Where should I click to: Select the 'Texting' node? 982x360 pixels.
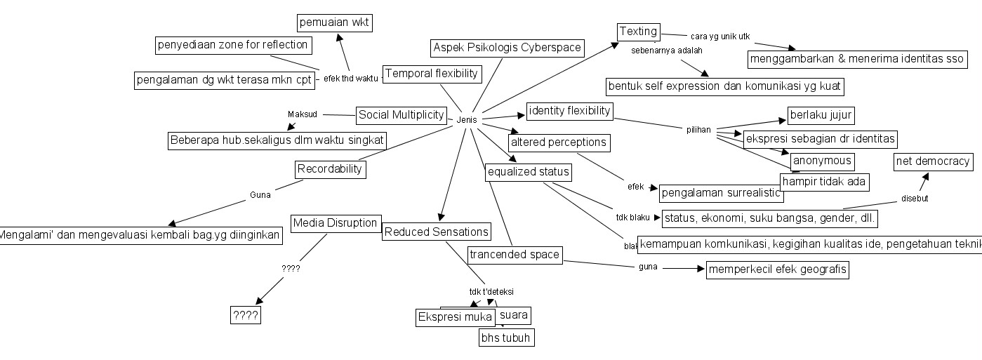click(x=638, y=32)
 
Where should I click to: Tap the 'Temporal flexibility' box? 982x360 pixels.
click(x=432, y=73)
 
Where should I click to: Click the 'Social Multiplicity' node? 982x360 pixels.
click(x=401, y=114)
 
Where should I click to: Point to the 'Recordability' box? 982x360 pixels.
click(x=329, y=168)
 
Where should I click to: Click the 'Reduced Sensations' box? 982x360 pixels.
click(x=436, y=232)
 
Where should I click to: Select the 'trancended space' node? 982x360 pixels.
click(x=515, y=254)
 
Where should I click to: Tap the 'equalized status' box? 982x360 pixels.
click(x=528, y=172)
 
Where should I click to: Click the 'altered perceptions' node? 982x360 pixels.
click(x=558, y=142)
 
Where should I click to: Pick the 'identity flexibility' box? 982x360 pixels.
click(x=570, y=111)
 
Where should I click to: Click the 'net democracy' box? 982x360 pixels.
click(x=933, y=162)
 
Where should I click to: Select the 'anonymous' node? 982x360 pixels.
click(x=822, y=161)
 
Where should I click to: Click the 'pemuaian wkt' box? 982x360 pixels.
click(x=334, y=22)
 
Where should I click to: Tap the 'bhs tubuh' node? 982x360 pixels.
click(x=505, y=338)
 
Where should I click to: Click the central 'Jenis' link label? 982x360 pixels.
click(x=466, y=120)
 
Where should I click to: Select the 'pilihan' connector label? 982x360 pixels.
click(x=698, y=130)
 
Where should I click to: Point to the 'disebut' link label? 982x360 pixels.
click(x=915, y=199)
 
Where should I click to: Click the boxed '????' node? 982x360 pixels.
click(x=246, y=316)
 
